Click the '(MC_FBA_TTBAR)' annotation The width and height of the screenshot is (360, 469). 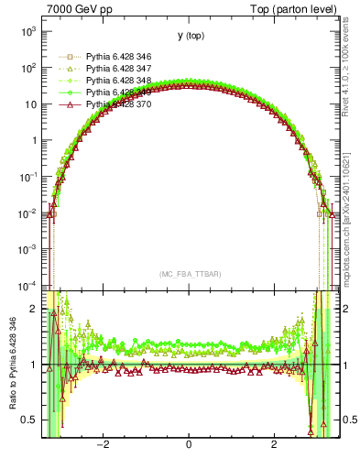click(x=189, y=274)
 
